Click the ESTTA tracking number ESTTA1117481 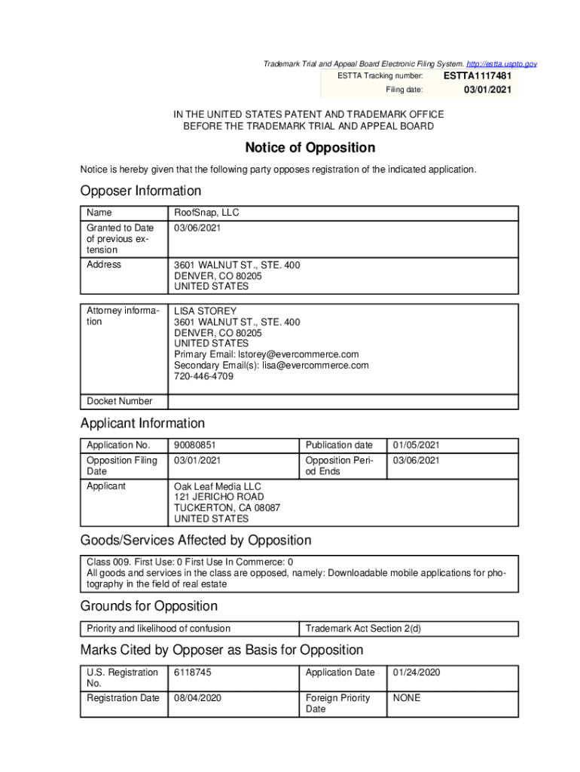[478, 76]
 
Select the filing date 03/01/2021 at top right [487, 90]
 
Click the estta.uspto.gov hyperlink [499, 64]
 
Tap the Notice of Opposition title [310, 148]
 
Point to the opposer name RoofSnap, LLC [206, 213]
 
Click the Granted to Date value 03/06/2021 [197, 228]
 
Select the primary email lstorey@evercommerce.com [298, 354]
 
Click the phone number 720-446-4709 [203, 376]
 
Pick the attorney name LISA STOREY [205, 311]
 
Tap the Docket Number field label [119, 401]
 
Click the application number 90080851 [194, 446]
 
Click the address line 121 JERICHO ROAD [219, 497]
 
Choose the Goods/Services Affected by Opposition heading [196, 541]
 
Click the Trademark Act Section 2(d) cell [362, 629]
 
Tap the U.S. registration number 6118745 [193, 672]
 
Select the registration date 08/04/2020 [197, 698]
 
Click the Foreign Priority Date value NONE [407, 698]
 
